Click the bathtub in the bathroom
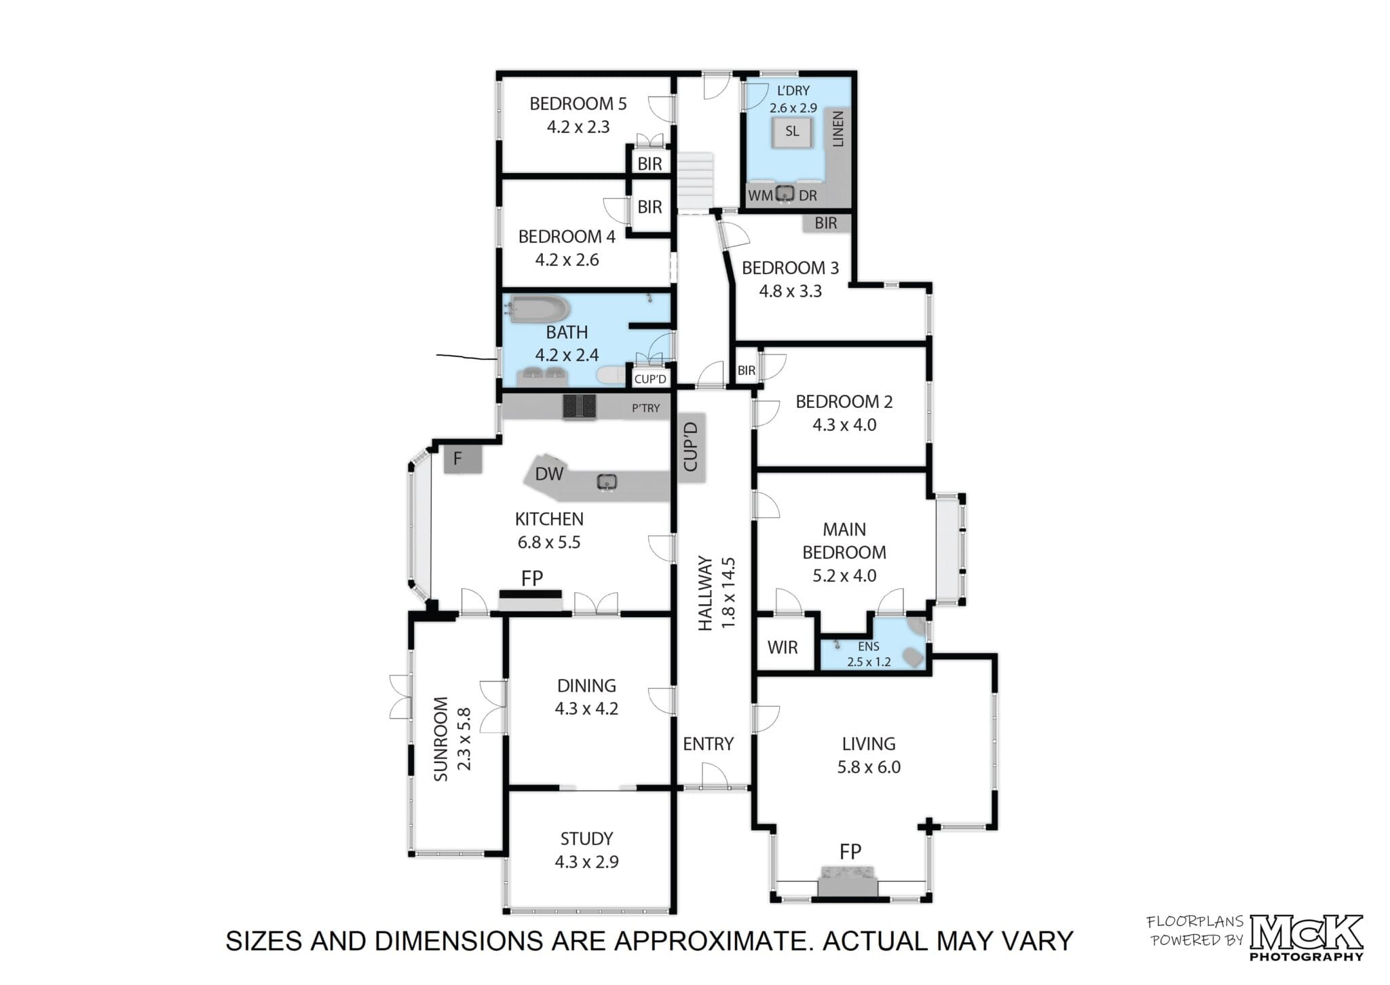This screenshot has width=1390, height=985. [540, 310]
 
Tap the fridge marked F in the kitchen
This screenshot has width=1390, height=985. [463, 459]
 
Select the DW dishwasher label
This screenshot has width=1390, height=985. [549, 474]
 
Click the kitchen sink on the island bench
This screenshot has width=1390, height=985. [607, 482]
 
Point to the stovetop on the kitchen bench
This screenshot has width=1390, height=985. [579, 407]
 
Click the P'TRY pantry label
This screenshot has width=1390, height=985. [645, 408]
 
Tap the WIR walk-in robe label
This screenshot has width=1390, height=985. [783, 647]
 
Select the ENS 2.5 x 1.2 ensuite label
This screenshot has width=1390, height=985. [869, 654]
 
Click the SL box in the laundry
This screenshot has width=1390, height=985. [792, 132]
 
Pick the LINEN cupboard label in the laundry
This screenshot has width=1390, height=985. [838, 129]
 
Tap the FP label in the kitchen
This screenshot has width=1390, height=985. [532, 578]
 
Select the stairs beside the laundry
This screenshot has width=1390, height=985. [696, 181]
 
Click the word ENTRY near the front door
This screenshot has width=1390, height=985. [708, 744]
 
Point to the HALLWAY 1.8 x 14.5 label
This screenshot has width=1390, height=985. [716, 593]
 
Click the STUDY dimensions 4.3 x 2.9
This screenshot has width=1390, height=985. [586, 862]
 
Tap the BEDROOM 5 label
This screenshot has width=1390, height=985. [578, 104]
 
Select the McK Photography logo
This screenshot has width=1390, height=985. [1306, 937]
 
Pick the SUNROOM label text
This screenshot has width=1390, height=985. [440, 739]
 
